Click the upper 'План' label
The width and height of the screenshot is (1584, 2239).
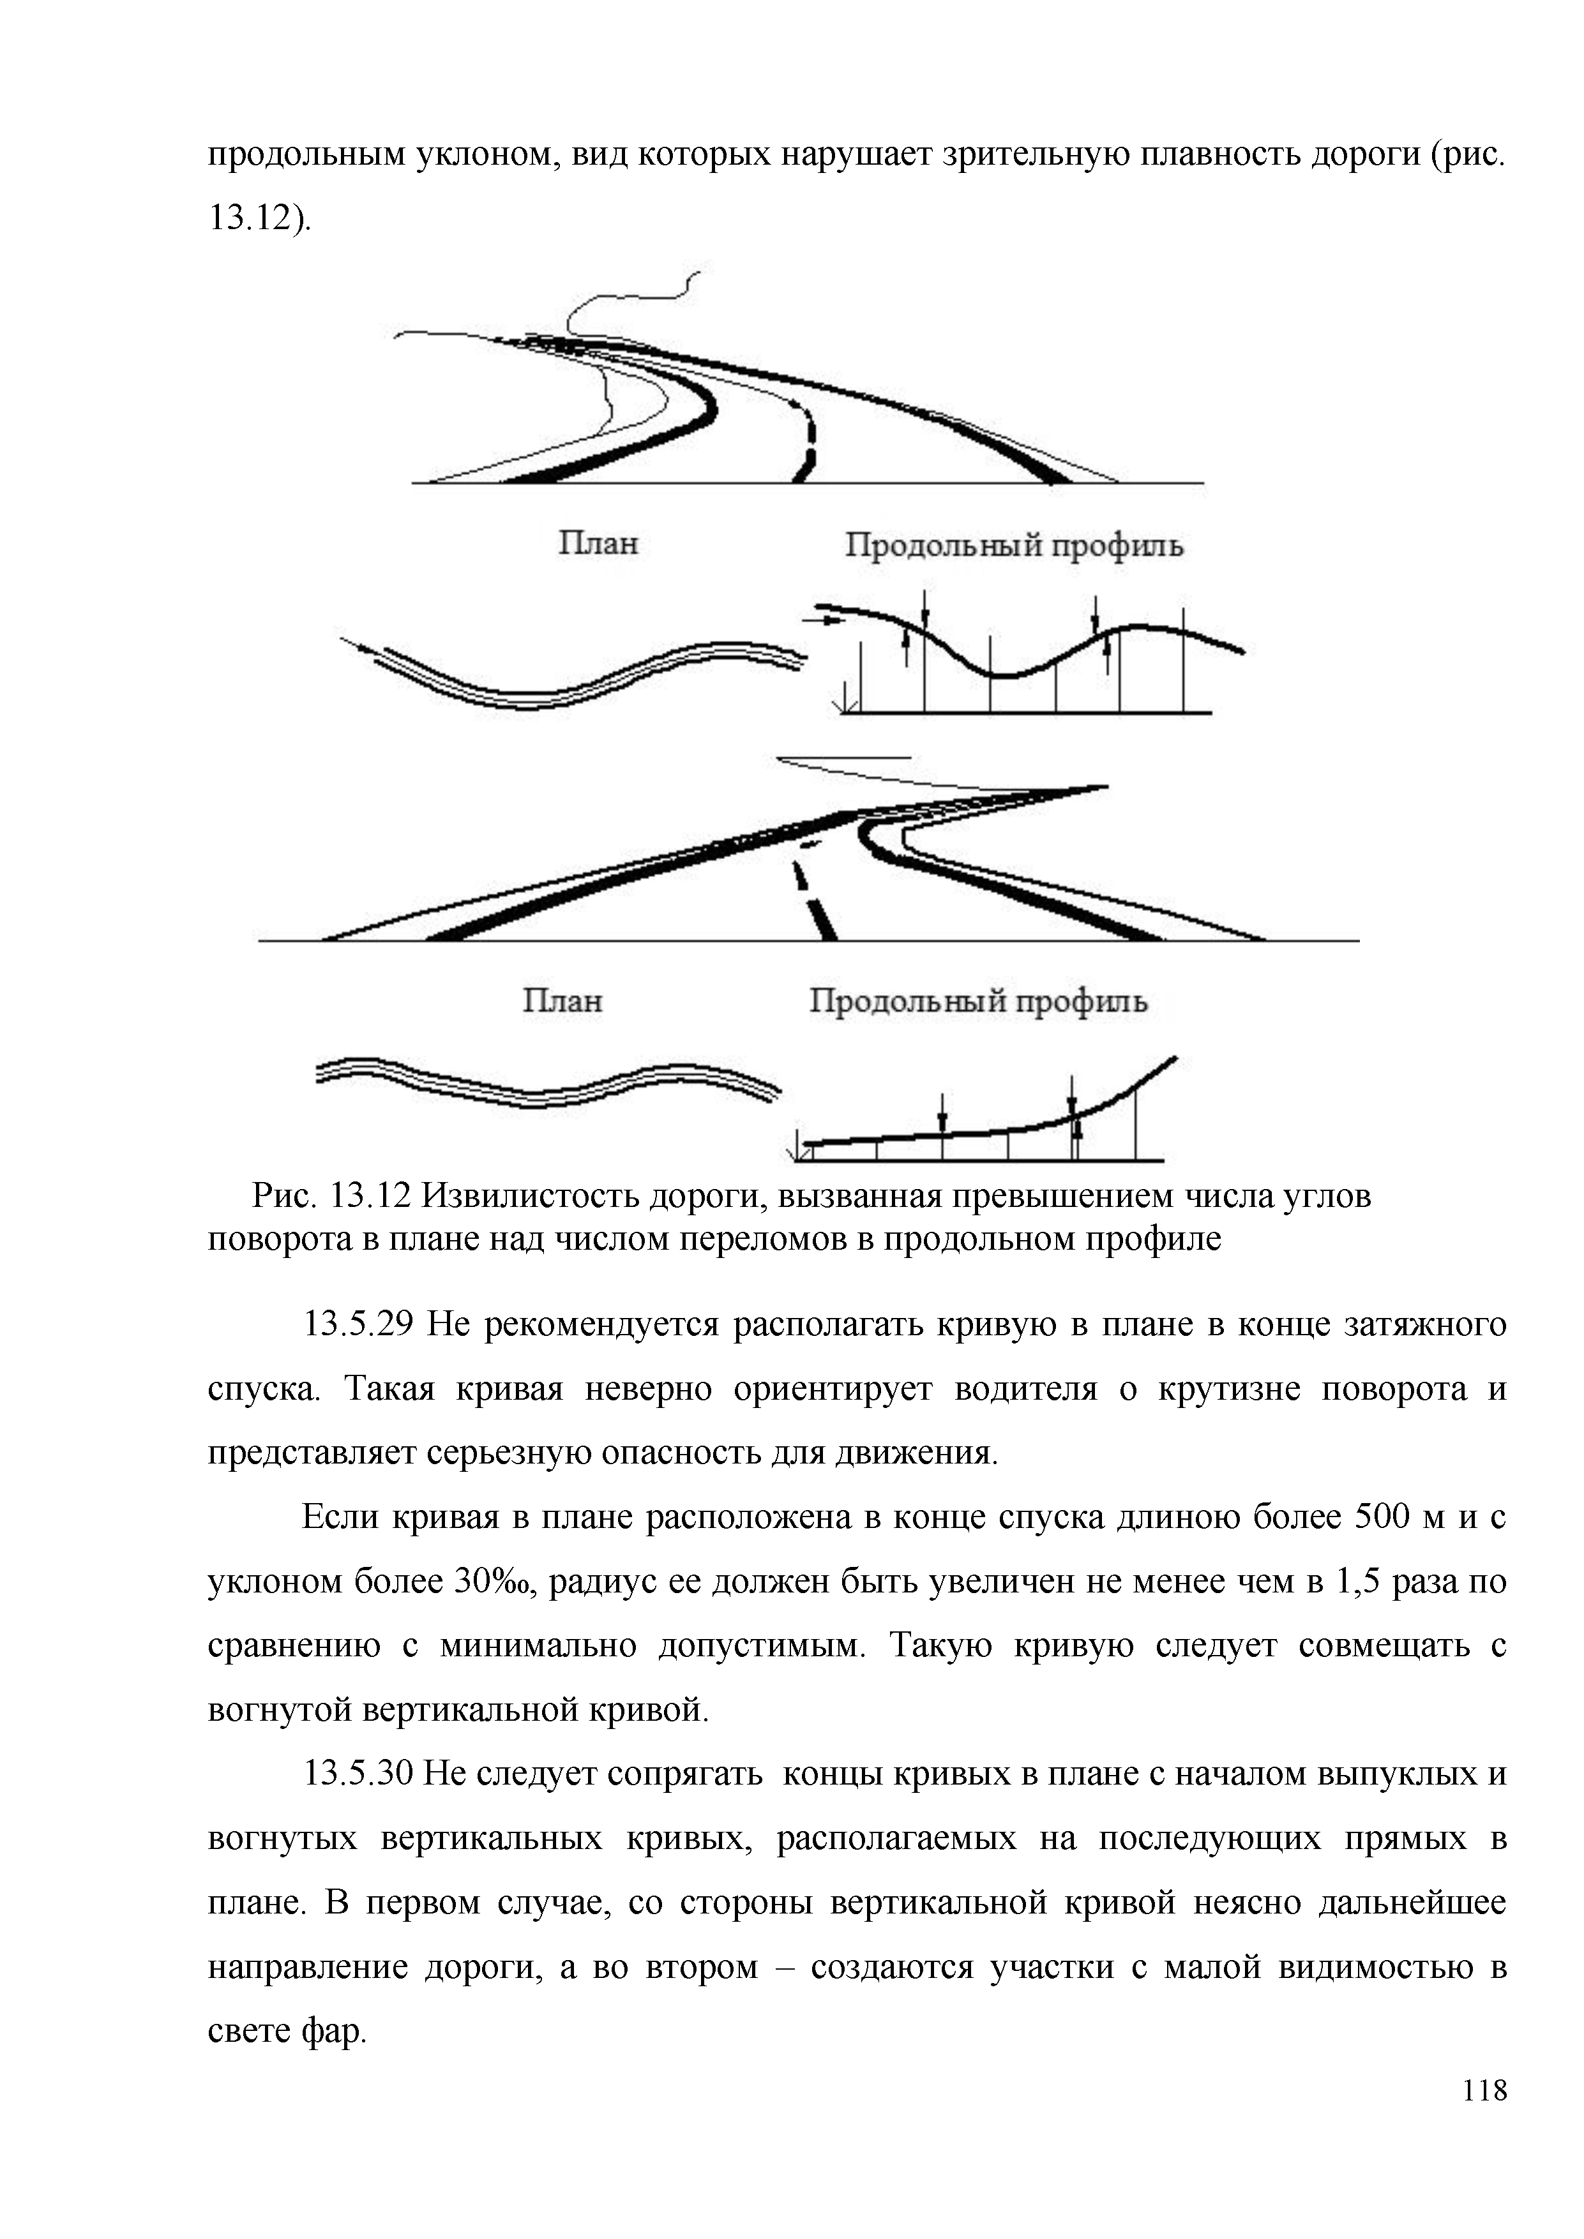pos(598,543)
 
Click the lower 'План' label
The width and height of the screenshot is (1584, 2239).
pos(562,1001)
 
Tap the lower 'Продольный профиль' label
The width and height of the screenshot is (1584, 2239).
pos(978,1001)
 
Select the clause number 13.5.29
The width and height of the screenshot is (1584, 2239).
pos(360,1324)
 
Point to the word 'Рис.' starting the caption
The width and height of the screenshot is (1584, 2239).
pos(284,1195)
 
